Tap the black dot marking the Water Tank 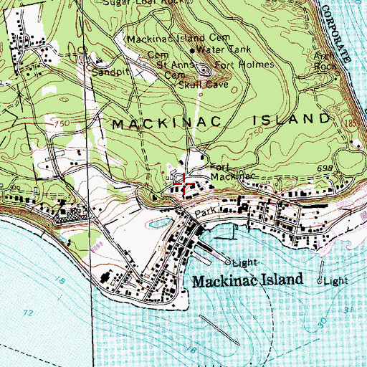[x=192, y=51]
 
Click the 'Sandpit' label [x=108, y=72]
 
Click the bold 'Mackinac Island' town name [x=248, y=281]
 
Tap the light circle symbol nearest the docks [x=227, y=262]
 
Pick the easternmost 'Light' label [x=335, y=281]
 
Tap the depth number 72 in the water [x=29, y=314]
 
